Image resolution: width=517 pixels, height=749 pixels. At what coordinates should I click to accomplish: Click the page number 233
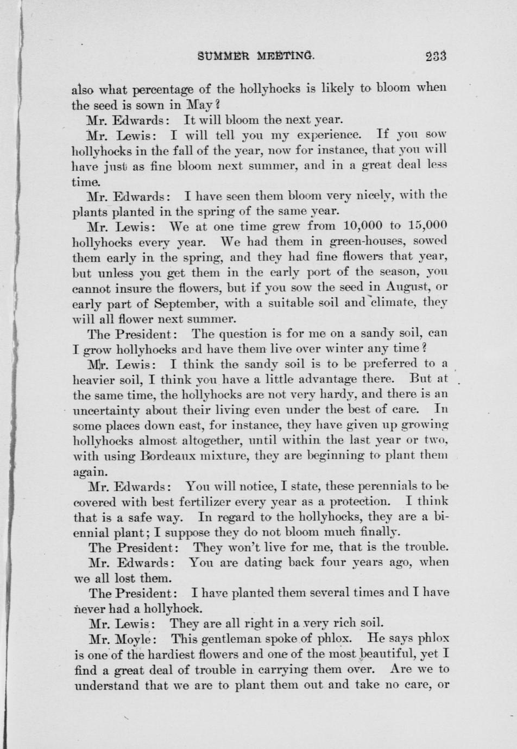click(436, 55)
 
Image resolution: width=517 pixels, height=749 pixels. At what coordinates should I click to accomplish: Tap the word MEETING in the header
click(286, 55)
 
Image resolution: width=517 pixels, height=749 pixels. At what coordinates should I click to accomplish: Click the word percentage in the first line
click(172, 88)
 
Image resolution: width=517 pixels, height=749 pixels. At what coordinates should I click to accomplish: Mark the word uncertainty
click(106, 409)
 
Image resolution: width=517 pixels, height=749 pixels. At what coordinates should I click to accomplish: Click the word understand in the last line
click(106, 684)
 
